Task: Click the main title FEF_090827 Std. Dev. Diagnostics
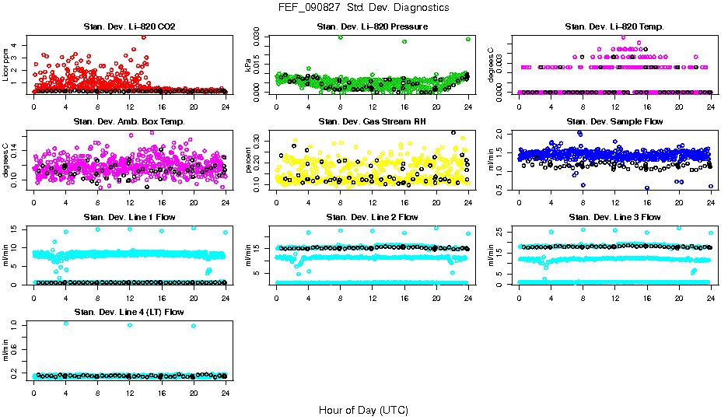tap(363, 8)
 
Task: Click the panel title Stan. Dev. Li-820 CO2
tap(129, 26)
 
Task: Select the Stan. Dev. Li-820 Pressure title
tap(373, 26)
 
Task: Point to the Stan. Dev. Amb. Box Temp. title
tap(129, 121)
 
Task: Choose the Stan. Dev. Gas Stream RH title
tap(373, 121)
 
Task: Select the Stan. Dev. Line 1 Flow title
tap(129, 217)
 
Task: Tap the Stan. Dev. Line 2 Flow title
tap(373, 217)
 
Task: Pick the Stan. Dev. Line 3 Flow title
tap(614, 217)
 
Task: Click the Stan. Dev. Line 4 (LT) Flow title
tap(129, 313)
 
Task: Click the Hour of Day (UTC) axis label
tap(363, 410)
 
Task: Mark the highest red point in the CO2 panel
tap(143, 37)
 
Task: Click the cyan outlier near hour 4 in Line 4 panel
tap(65, 324)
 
